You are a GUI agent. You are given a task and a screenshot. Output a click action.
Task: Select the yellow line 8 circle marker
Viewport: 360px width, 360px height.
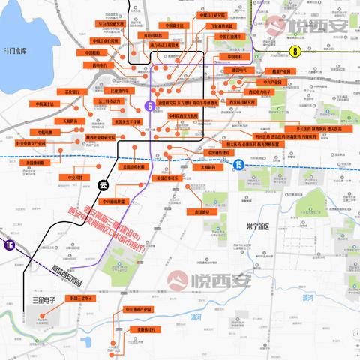(x=295, y=51)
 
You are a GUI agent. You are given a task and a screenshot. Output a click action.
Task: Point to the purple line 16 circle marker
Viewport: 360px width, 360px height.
(x=9, y=244)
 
